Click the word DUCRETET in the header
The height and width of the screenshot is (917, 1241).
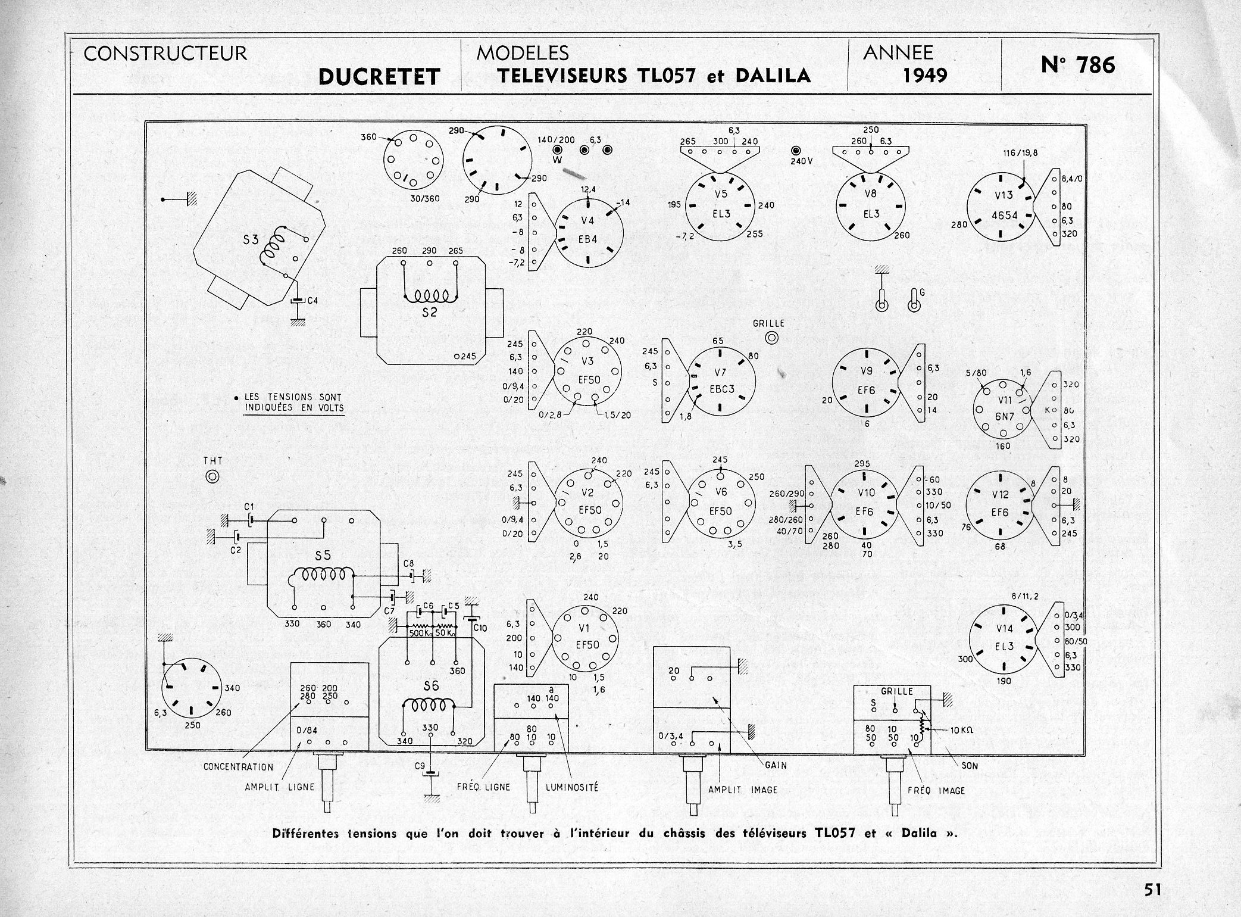coord(379,77)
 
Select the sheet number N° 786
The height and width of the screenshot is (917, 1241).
coord(1078,64)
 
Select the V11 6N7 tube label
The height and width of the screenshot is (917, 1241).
coord(1004,408)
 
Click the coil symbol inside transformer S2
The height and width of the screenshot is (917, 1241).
coord(430,296)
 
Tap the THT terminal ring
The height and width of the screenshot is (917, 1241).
coord(212,476)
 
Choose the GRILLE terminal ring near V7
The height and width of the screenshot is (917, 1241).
coord(772,338)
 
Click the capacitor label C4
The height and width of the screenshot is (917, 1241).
coord(312,301)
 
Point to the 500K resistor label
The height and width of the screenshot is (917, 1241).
coord(421,633)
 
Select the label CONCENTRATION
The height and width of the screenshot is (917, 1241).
coord(238,767)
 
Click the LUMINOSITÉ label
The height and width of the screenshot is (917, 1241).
coord(572,787)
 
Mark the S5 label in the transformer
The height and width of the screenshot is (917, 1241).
coord(323,556)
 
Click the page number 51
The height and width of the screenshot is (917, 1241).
coord(1151,890)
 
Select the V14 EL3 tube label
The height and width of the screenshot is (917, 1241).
coord(1004,638)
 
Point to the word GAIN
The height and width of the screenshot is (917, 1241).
coord(776,765)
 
